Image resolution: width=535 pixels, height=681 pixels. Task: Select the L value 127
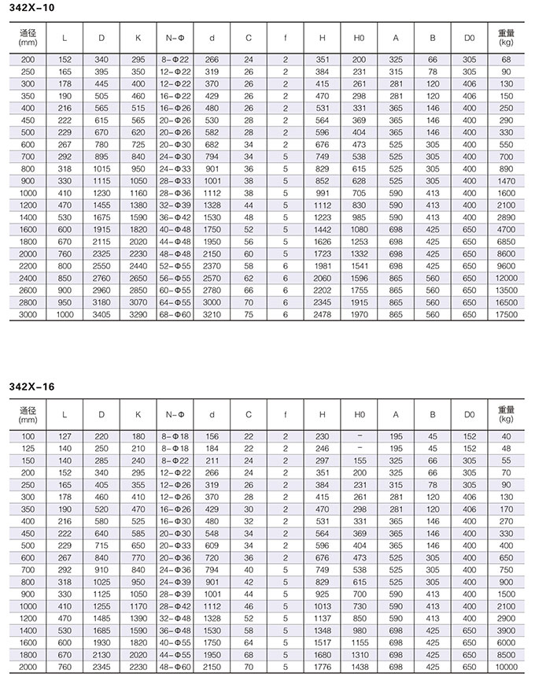(65, 437)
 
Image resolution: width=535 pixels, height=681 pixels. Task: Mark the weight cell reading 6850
(507, 241)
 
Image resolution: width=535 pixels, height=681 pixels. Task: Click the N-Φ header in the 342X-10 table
(175, 38)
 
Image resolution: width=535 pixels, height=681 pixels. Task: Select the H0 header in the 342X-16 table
(360, 415)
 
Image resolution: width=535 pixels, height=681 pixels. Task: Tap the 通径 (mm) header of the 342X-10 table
(28, 38)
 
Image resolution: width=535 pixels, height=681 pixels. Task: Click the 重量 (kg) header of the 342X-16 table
(507, 415)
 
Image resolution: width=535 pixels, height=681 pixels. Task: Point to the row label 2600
(28, 291)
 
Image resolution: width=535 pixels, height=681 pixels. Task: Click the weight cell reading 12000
(507, 278)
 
